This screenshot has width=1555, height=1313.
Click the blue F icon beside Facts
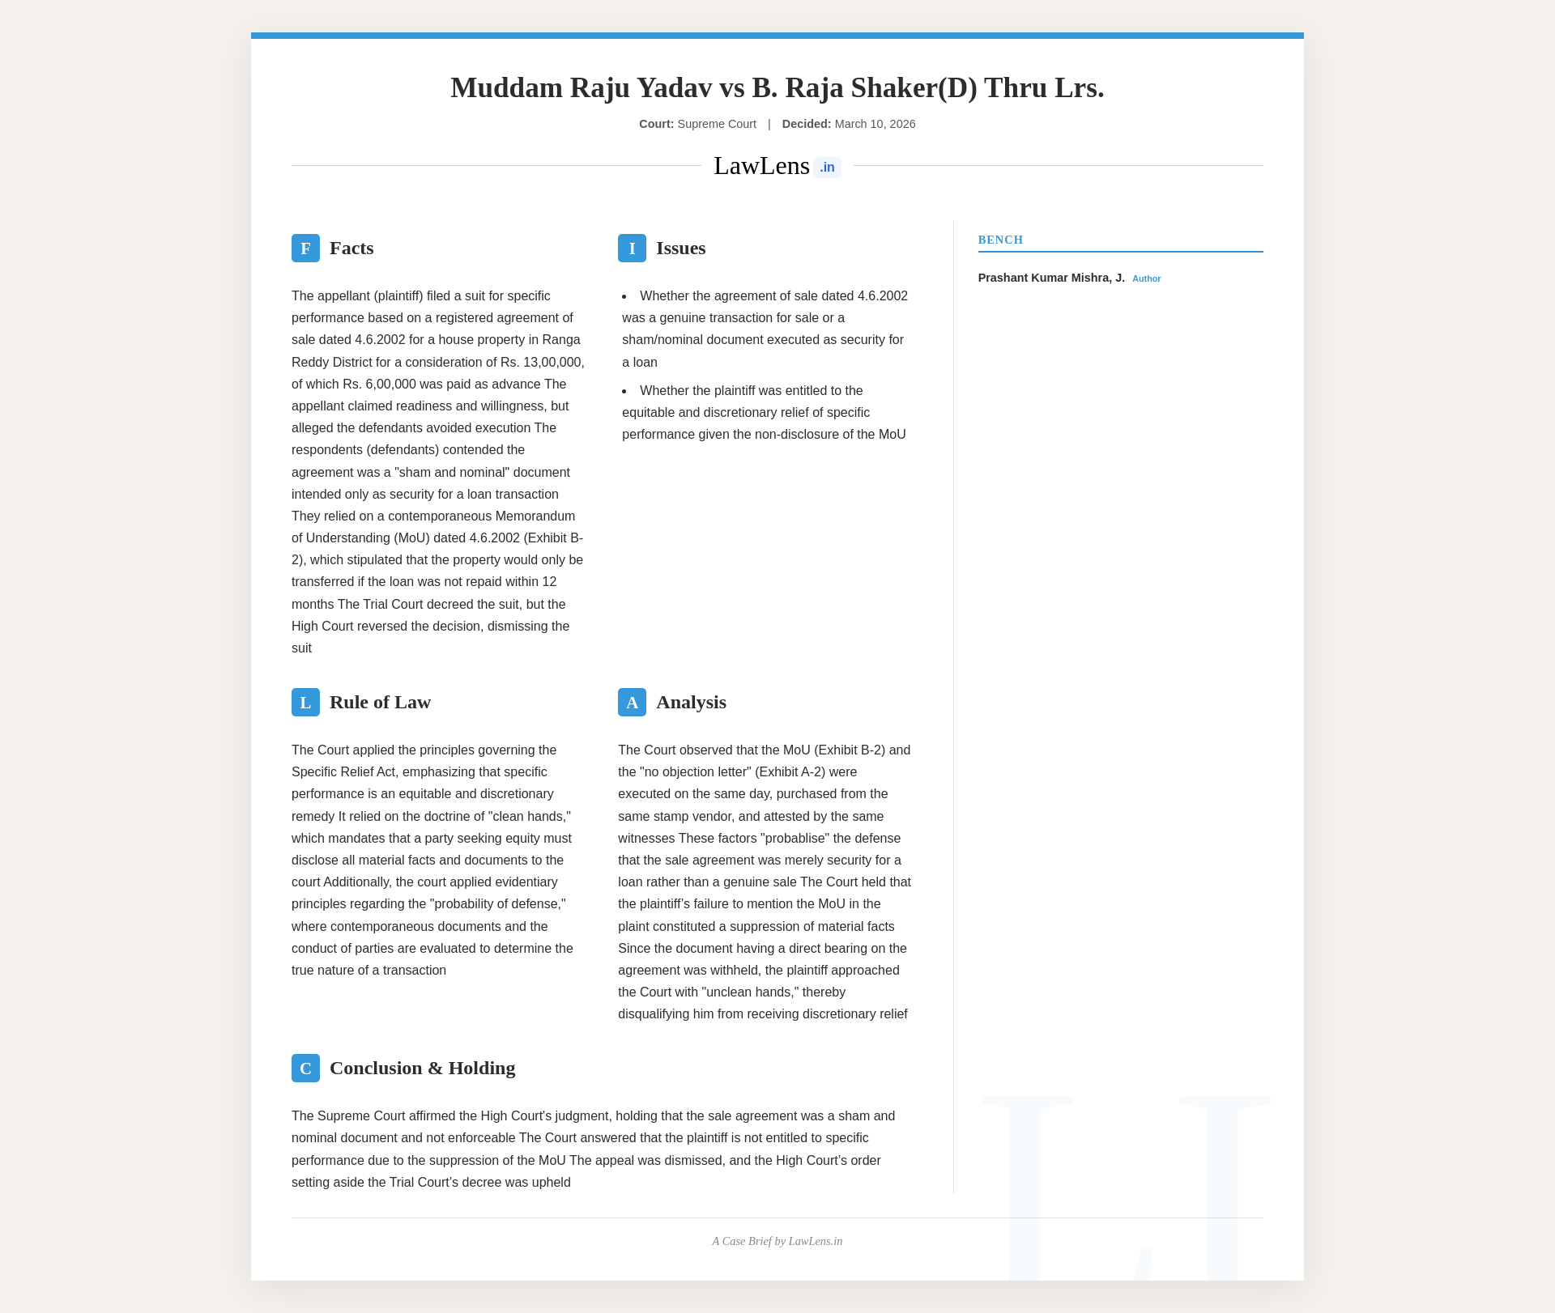[x=305, y=249]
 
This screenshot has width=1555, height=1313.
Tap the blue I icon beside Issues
[x=632, y=249]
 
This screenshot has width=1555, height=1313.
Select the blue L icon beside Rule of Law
[x=305, y=703]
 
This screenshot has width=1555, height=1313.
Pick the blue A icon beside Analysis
[x=632, y=703]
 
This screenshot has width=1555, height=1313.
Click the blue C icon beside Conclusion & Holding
[x=305, y=1069]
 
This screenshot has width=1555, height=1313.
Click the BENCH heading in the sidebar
[x=1000, y=240]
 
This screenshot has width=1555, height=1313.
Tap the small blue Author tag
[x=1146, y=278]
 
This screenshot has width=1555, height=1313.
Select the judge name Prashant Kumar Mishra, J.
[x=1050, y=278]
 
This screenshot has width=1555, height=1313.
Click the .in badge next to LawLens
[x=827, y=168]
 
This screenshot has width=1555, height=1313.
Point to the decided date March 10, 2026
[x=875, y=124]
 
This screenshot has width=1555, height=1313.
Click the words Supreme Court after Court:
[x=717, y=124]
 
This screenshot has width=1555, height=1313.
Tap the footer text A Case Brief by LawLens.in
[x=777, y=1241]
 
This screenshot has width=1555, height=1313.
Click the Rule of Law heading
[x=380, y=703]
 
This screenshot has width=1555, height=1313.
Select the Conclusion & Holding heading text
[x=422, y=1069]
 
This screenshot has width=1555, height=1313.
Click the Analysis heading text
[x=691, y=703]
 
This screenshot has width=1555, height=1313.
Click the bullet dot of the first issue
[x=624, y=296]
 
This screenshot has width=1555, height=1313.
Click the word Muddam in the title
[x=506, y=87]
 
